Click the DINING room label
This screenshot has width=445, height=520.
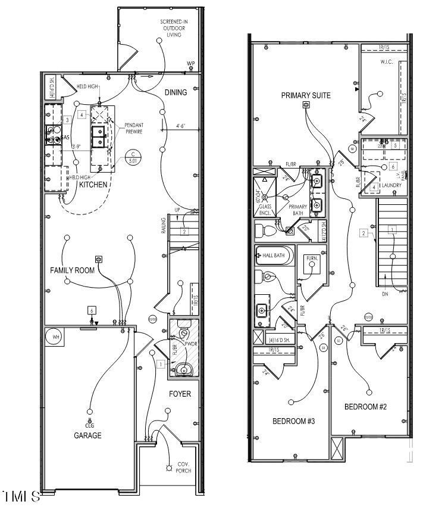[176, 92]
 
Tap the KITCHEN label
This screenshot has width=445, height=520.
[93, 185]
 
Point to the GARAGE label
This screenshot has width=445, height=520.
[87, 435]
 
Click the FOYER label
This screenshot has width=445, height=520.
[180, 394]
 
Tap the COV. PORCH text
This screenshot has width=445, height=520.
[182, 467]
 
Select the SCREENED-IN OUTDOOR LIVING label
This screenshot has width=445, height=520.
[174, 28]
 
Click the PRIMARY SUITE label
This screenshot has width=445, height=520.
[306, 95]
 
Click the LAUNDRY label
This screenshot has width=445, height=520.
[392, 185]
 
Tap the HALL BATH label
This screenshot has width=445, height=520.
[275, 255]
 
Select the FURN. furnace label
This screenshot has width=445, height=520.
[312, 259]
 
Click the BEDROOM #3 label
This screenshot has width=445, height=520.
[293, 421]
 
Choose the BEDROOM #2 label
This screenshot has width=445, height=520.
[366, 407]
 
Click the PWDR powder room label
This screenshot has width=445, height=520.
[191, 344]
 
